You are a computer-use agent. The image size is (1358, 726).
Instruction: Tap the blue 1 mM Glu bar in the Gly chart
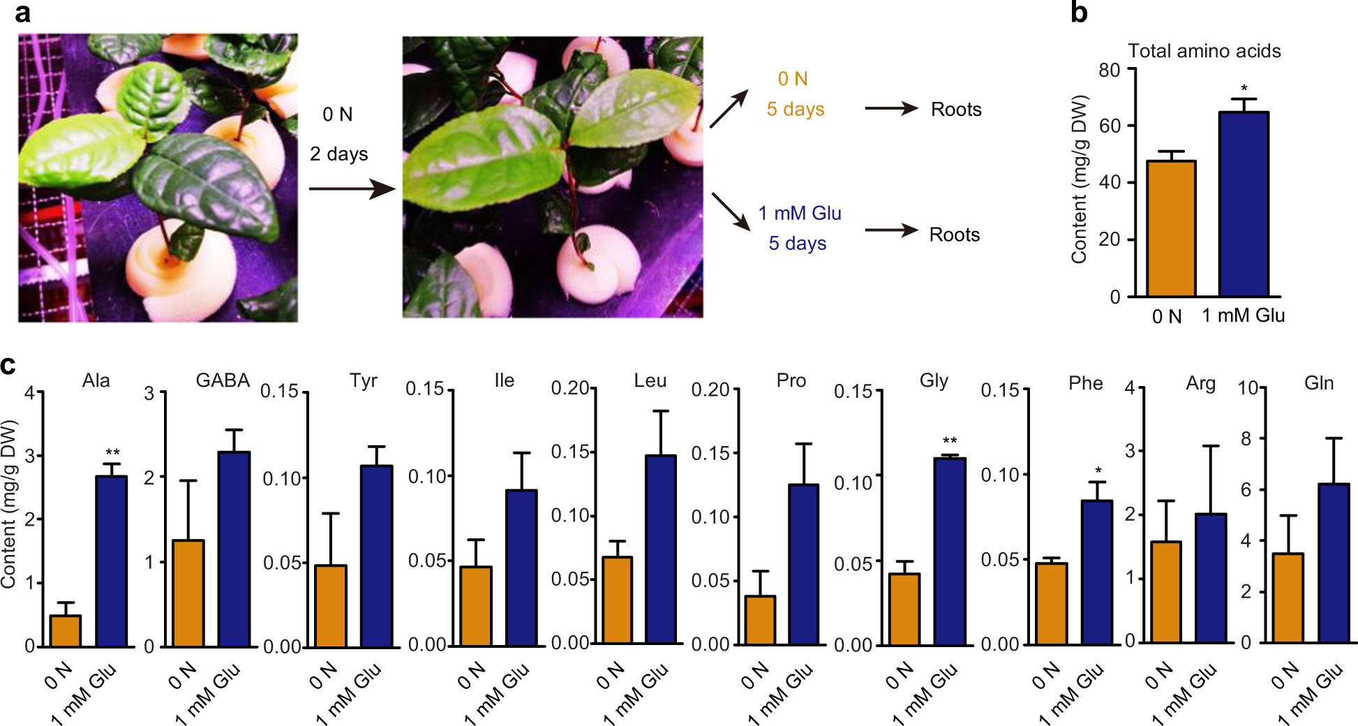pos(950,551)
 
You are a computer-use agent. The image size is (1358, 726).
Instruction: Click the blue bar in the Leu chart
pos(660,549)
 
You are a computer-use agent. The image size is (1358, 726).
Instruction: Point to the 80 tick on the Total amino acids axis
pos(1110,70)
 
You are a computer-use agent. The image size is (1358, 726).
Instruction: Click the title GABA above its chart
pos(223,380)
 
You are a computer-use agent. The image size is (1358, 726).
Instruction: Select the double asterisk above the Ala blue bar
pos(112,452)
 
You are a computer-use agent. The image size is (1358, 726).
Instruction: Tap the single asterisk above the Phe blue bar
pos(1098,471)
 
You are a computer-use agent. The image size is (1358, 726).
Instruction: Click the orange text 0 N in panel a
pos(793,79)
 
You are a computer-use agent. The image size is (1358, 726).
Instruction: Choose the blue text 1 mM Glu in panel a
pos(800,213)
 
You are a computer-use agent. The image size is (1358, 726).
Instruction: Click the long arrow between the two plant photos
pos(352,188)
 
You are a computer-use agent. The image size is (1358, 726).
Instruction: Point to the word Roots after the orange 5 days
pos(955,110)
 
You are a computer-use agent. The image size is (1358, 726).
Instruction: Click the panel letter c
pos(8,365)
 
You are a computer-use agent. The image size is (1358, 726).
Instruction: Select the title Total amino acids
pos(1204,51)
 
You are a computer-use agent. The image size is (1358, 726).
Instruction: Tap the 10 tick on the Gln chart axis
pos(1248,387)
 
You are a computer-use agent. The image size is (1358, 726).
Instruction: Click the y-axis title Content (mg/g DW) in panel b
pos(1080,179)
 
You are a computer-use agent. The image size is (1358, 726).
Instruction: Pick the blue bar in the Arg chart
pos(1210,577)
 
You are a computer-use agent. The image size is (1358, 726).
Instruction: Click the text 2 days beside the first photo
pos(338,154)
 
